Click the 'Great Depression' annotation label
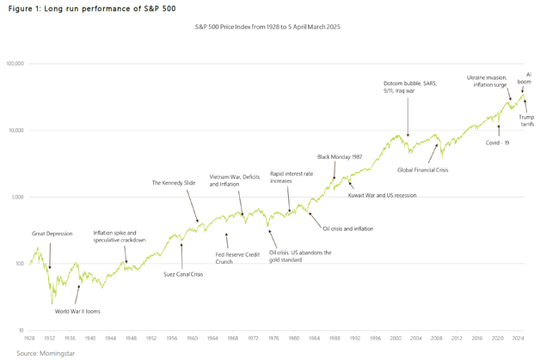pyautogui.click(x=52, y=233)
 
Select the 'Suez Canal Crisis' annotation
pyautogui.click(x=181, y=275)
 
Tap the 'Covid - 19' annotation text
pyautogui.click(x=499, y=142)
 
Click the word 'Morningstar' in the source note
pyautogui.click(x=56, y=353)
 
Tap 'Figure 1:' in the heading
pyautogui.click(x=26, y=7)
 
